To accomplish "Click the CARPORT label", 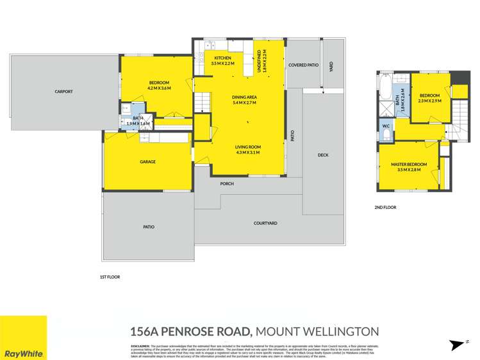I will (x=63, y=92).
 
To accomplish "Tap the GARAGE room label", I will (x=148, y=161).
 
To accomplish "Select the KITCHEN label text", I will (x=223, y=58).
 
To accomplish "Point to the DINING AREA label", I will (x=244, y=97).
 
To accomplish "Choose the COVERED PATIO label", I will (x=303, y=65).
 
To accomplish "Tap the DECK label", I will (x=323, y=155).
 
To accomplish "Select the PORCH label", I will (x=227, y=184).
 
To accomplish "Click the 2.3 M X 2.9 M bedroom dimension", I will (x=429, y=101).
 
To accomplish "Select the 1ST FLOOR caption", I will (x=111, y=277).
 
